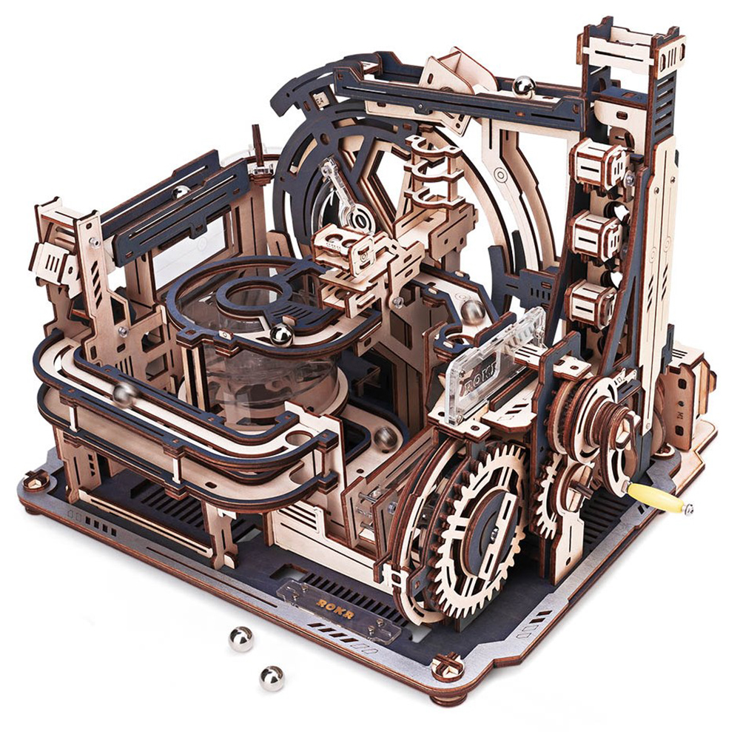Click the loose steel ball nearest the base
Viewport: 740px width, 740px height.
pos(241,639)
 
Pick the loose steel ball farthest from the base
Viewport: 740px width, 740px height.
pos(272,678)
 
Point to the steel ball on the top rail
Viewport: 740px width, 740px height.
pos(524,87)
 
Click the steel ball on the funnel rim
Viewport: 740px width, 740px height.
pos(281,334)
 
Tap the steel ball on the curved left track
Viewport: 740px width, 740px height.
pos(124,394)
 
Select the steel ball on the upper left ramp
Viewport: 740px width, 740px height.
pos(181,192)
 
